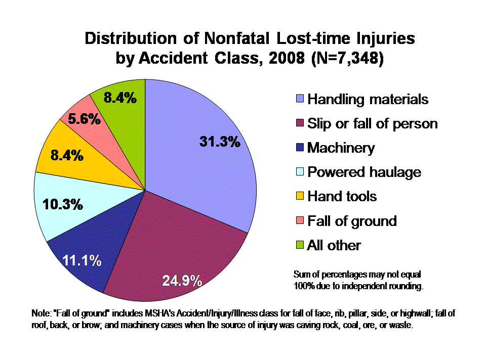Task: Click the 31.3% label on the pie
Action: point(219,142)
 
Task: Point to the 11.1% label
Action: point(82,261)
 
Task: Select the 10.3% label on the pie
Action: point(63,205)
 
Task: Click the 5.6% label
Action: point(84,119)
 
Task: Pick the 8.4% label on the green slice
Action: point(120,98)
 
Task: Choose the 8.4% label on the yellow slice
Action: point(67,155)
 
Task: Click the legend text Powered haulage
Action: point(364,172)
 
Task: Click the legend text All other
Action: point(334,246)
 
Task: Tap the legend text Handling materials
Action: point(368,99)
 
